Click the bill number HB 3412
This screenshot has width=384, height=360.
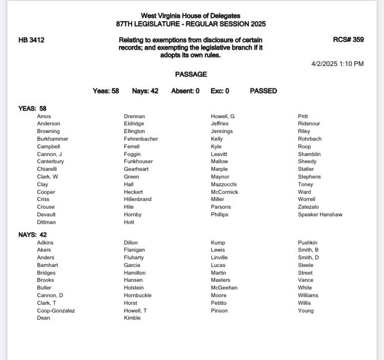[x=31, y=40]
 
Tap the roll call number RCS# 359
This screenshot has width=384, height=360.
[x=348, y=40]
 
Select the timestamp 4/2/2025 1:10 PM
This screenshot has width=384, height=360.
[x=337, y=64]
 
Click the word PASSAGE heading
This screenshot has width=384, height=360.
[x=191, y=75]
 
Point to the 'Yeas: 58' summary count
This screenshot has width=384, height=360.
[x=106, y=91]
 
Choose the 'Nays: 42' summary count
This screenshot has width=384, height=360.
[x=145, y=91]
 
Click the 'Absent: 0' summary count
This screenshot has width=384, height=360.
[x=185, y=91]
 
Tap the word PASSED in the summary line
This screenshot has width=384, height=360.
[x=263, y=91]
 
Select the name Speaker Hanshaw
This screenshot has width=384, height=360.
[x=320, y=215]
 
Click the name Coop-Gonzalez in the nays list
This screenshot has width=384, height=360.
[x=56, y=310]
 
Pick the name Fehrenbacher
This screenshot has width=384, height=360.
[x=141, y=139]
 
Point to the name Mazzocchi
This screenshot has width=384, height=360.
[x=224, y=185]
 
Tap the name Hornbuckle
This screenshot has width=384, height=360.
[x=138, y=296]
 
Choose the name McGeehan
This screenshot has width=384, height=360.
[x=224, y=288]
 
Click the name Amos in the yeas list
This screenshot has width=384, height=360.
[x=44, y=117]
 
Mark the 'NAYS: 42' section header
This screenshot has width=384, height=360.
[x=32, y=235]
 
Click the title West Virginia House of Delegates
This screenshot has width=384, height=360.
[x=191, y=16]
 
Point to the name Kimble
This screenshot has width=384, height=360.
[x=132, y=318]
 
